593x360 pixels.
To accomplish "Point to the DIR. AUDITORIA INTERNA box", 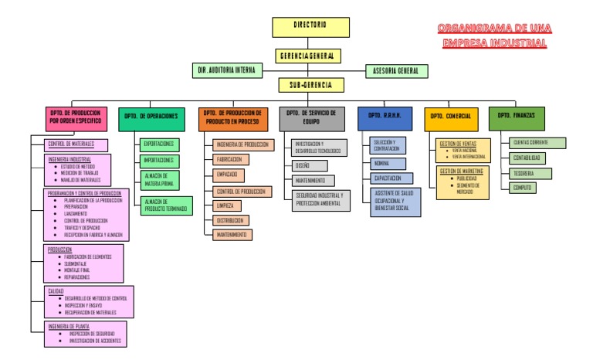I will point(224,71).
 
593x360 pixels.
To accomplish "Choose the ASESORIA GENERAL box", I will point(396,71).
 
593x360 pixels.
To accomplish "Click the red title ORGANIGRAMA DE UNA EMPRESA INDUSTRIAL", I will point(494,36).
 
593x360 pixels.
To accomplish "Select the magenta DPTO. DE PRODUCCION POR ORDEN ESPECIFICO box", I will point(76,117).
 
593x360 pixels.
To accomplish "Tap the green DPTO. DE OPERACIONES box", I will point(152,117).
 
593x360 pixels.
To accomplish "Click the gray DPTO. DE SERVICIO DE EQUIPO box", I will point(310,117).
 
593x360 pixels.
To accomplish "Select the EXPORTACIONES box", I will point(159,144).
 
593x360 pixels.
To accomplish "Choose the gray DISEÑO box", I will point(309,165).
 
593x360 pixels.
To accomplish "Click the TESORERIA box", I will point(531,174).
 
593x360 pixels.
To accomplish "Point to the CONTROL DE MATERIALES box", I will point(77,144).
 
